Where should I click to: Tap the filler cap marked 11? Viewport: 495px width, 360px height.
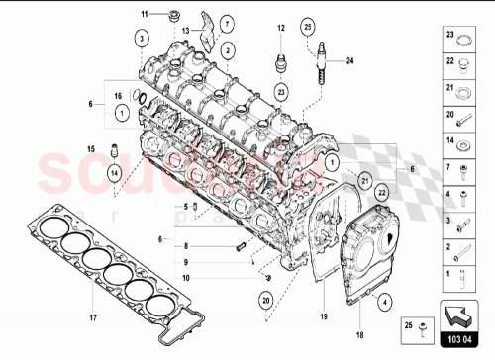pos(175,14)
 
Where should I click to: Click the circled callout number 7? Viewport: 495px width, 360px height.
pos(227,22)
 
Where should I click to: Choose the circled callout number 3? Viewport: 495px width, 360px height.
pos(143,37)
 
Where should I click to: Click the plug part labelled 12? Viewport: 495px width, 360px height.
pos(280,65)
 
